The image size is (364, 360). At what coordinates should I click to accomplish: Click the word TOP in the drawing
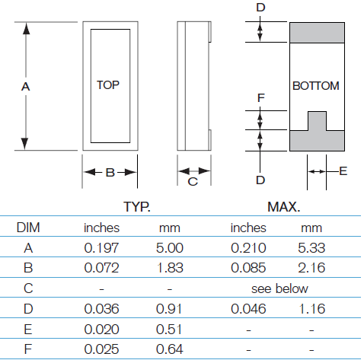(108, 85)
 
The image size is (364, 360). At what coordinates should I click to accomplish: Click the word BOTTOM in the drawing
(316, 86)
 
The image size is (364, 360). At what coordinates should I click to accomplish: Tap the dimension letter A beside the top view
(25, 87)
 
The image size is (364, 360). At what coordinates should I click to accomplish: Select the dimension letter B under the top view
(110, 173)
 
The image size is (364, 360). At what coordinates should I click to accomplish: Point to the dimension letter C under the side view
(193, 182)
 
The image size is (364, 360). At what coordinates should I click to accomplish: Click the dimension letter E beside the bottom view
(343, 171)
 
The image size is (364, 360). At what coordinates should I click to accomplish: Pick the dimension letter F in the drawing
(261, 98)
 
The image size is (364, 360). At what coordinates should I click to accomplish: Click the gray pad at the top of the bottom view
(317, 33)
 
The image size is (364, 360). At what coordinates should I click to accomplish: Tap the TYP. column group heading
(137, 207)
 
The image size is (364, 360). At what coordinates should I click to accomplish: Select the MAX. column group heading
(284, 207)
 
